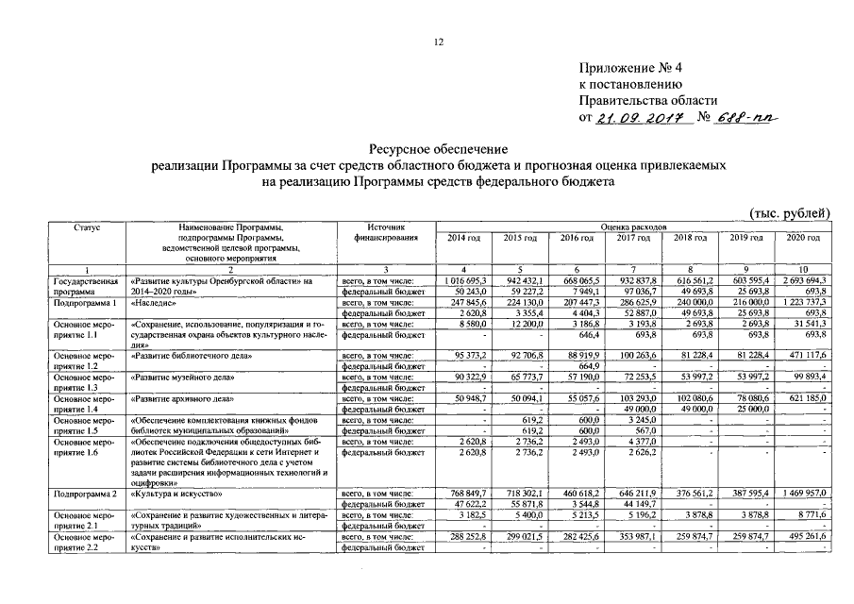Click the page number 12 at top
coord(438,41)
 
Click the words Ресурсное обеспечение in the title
coord(438,149)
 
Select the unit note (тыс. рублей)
coord(791,214)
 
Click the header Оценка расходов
coord(632,227)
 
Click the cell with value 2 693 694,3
coord(805,281)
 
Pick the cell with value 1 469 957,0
coord(805,494)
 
